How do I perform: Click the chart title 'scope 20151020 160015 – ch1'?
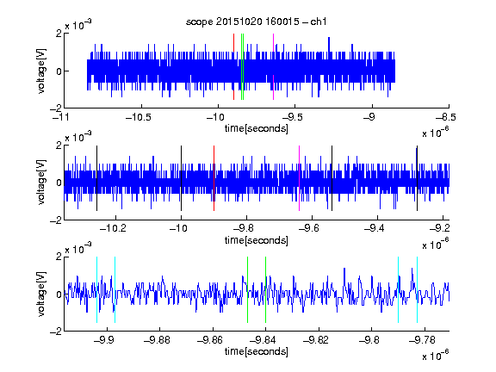coord(256,22)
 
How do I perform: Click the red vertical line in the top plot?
coord(233,67)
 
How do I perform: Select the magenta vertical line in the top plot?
coord(273,67)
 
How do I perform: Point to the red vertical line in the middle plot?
coord(214,178)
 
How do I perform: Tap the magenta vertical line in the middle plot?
coord(300,178)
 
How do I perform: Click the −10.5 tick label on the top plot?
coord(139,117)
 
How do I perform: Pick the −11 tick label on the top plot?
coord(60,117)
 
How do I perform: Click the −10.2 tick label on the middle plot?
coord(113,227)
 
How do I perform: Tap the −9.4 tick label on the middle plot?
coord(375,227)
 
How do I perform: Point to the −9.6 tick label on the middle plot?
coord(309,227)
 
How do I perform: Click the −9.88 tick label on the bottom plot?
coord(157,340)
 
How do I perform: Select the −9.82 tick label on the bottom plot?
coord(316,340)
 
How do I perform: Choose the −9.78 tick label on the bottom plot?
coord(422,340)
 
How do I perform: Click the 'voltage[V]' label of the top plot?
coord(41,71)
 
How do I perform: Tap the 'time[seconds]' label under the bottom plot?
coord(257,351)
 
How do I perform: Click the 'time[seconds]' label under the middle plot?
coord(257,240)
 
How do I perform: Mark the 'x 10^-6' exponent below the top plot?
coord(436,132)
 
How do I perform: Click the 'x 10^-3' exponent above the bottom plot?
coord(78,248)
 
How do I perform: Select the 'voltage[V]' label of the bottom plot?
coord(41,294)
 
